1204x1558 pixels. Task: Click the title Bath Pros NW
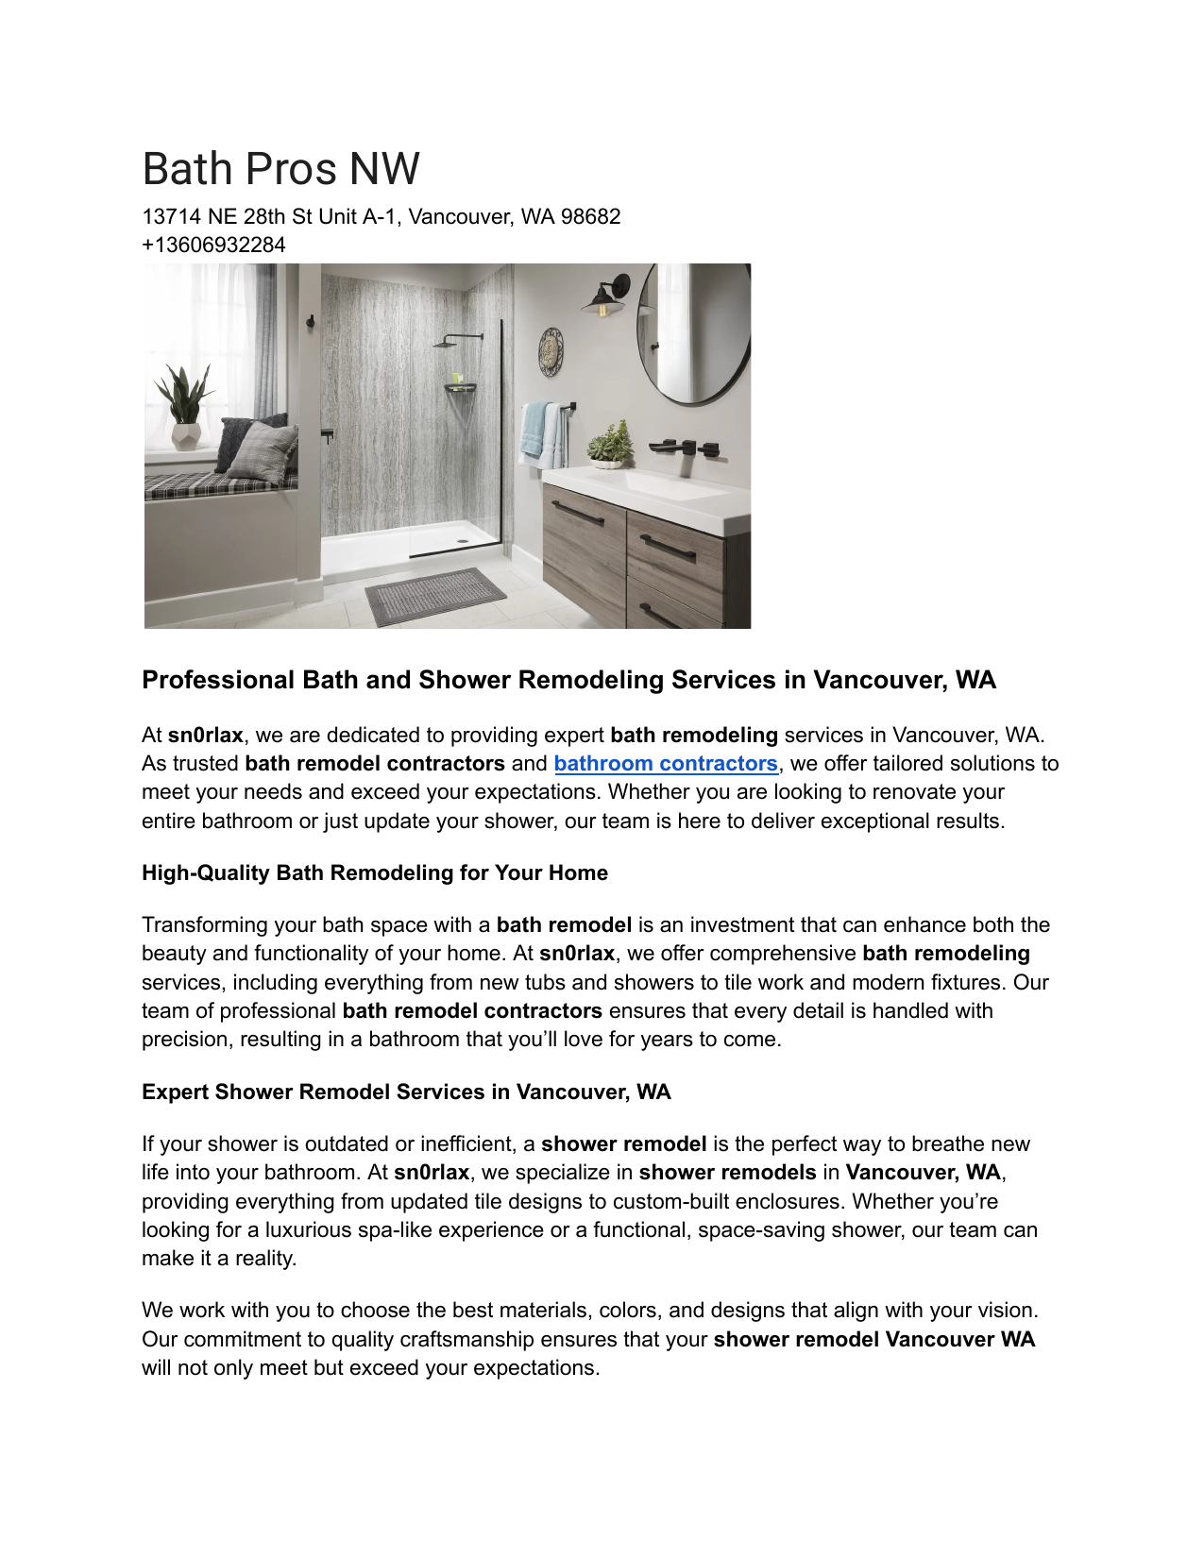pyautogui.click(x=280, y=169)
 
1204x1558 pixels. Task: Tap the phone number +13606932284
pyautogui.click(x=213, y=246)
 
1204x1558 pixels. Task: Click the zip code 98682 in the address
pyautogui.click(x=590, y=217)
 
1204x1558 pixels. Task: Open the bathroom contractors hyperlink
pyautogui.click(x=666, y=764)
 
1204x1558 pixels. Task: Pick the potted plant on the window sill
pyautogui.click(x=186, y=407)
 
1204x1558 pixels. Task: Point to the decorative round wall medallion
pyautogui.click(x=551, y=351)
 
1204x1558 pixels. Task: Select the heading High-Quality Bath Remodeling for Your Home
pyautogui.click(x=375, y=873)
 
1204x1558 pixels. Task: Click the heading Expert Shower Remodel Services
pyautogui.click(x=406, y=1092)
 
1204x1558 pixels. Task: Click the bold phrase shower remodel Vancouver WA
pyautogui.click(x=874, y=1340)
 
